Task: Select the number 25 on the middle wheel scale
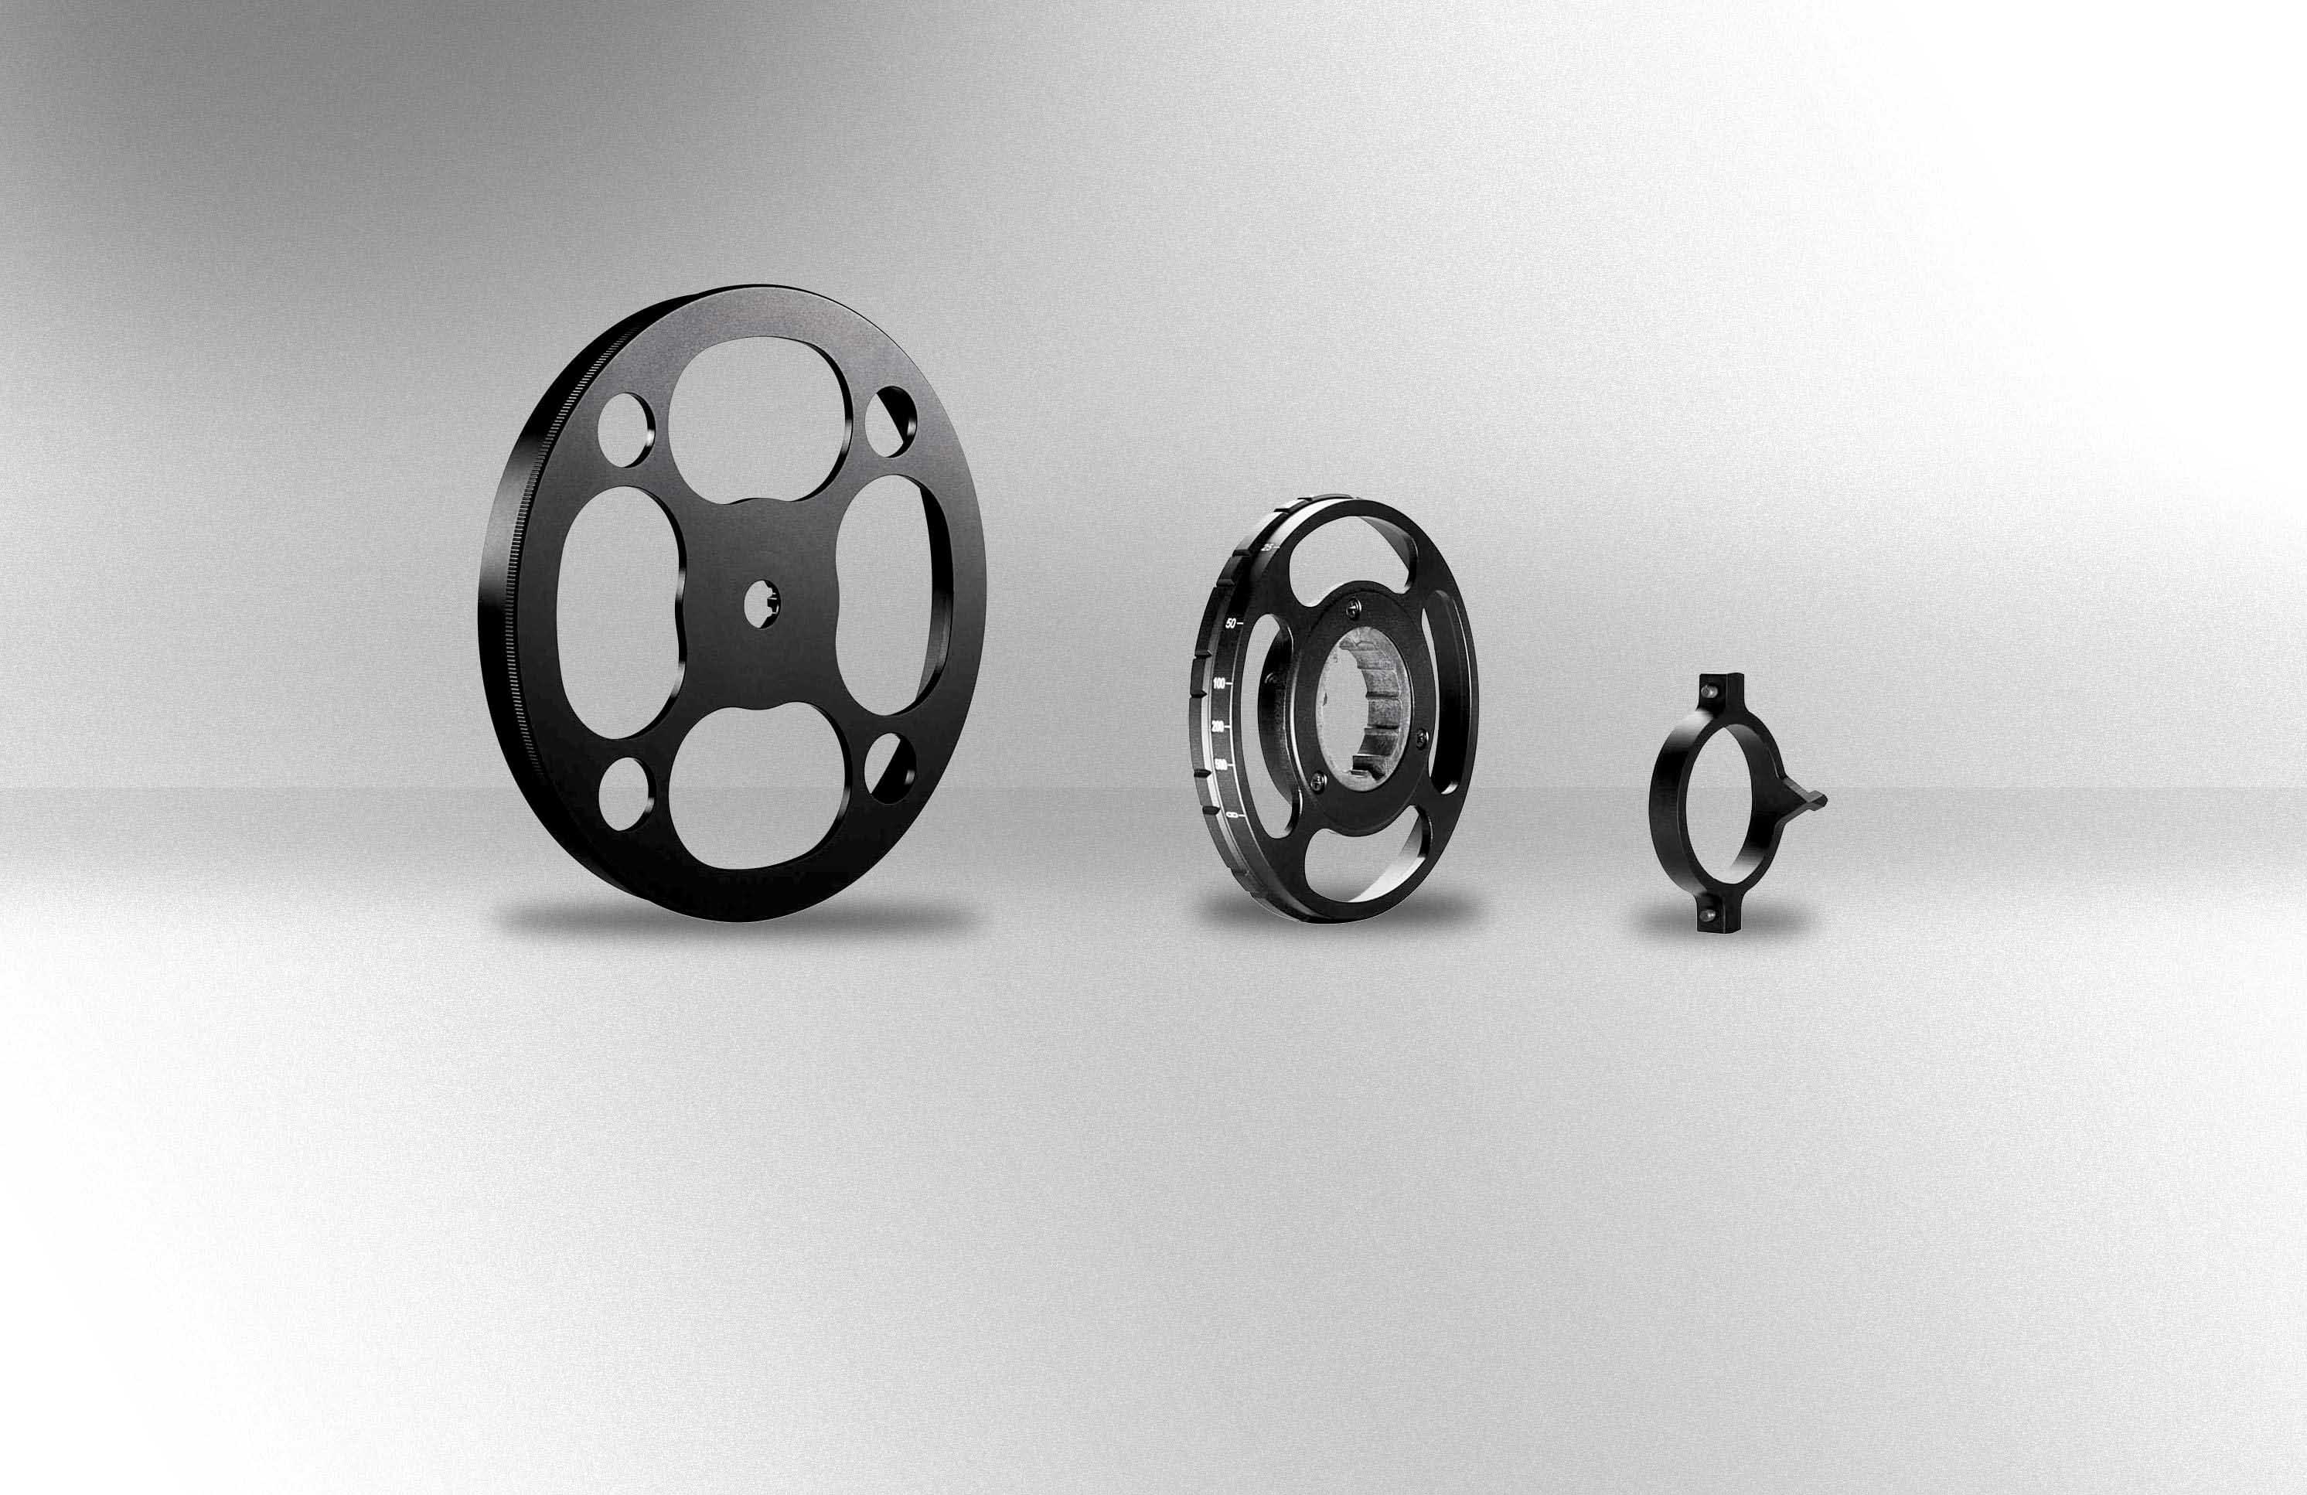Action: (1269, 548)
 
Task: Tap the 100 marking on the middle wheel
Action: (1218, 684)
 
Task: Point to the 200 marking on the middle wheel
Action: (1218, 726)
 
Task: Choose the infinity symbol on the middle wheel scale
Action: (1232, 819)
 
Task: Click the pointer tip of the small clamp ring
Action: (1822, 800)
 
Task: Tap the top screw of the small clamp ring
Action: (1712, 693)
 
